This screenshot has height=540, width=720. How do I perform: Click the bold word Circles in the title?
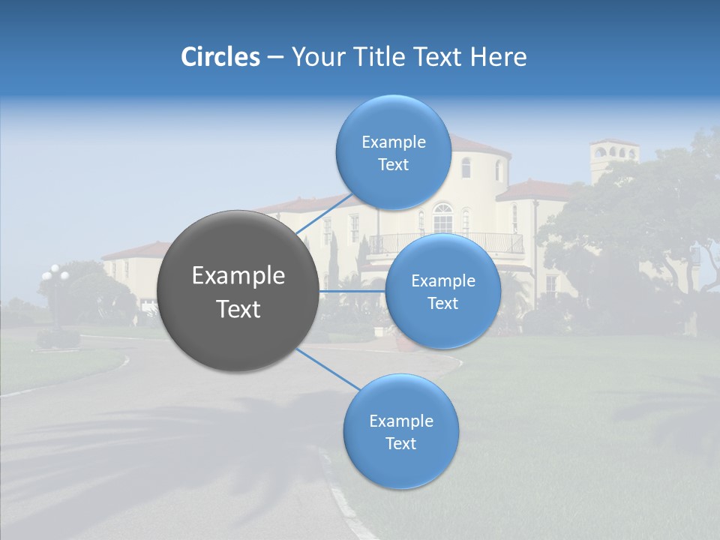[x=220, y=57]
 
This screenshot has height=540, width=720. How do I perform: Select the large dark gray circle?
[x=238, y=291]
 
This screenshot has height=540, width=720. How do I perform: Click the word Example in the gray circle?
[x=238, y=276]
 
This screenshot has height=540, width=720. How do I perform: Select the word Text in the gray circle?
[x=238, y=309]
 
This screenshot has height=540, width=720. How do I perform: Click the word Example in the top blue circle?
[x=393, y=142]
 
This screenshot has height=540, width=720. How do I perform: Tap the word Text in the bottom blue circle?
[x=400, y=443]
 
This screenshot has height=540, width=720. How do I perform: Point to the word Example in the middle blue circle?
[x=442, y=281]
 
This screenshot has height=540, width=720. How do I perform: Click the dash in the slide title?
[x=274, y=58]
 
